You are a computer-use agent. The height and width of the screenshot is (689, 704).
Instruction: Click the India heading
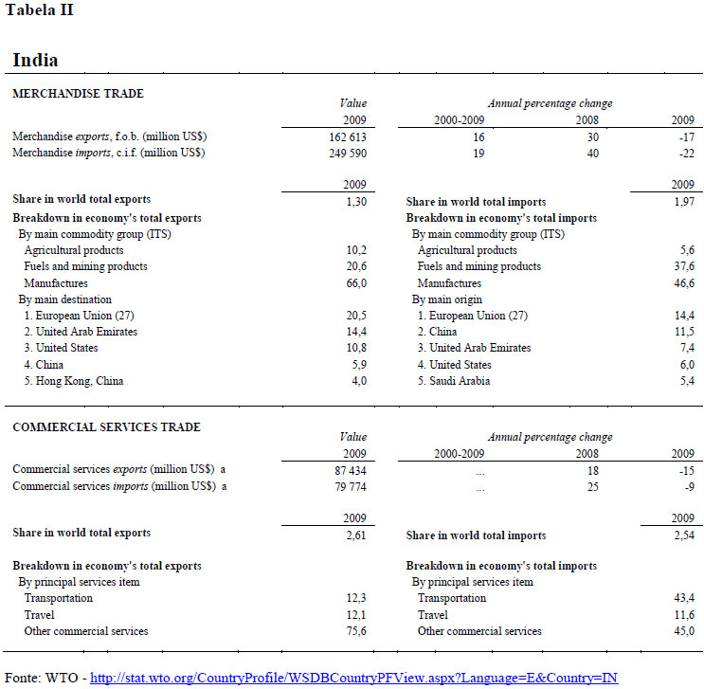(35, 60)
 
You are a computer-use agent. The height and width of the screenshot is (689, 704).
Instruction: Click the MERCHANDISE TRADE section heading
(78, 94)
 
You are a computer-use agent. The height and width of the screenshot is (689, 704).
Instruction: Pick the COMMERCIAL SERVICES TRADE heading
(106, 427)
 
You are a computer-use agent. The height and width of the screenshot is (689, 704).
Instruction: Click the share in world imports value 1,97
(683, 201)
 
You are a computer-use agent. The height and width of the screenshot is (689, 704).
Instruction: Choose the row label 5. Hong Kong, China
(74, 381)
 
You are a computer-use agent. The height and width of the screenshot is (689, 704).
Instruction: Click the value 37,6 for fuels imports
(684, 267)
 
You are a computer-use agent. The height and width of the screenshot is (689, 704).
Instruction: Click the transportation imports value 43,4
(684, 598)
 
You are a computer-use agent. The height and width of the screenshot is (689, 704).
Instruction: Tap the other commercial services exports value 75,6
(355, 631)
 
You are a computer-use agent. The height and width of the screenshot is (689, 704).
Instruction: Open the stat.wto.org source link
(353, 678)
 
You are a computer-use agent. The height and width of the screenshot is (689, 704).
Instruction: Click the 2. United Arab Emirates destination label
(81, 332)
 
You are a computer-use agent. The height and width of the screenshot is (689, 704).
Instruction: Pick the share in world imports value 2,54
(683, 535)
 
